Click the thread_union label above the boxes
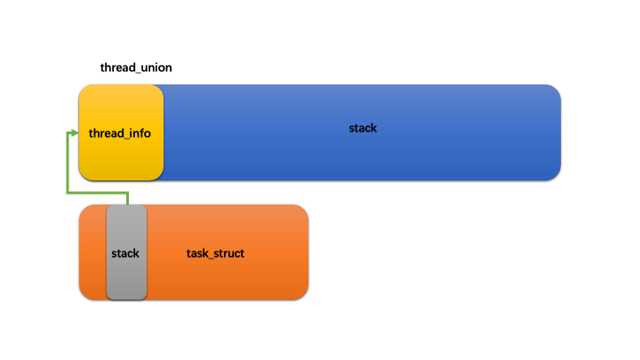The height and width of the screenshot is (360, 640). pyautogui.click(x=136, y=68)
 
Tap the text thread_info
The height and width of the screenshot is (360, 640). pyautogui.click(x=120, y=133)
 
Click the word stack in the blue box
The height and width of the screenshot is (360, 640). pyautogui.click(x=363, y=128)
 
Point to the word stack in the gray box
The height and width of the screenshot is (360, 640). pyautogui.click(x=125, y=253)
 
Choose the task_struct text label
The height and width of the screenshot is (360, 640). pyautogui.click(x=215, y=253)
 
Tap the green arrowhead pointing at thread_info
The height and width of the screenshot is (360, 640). pyautogui.click(x=75, y=133)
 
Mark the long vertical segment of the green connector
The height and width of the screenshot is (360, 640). pyautogui.click(x=68, y=164)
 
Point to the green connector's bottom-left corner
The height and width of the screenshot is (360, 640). pyautogui.click(x=68, y=192)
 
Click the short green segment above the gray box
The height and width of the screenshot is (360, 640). pyautogui.click(x=128, y=198)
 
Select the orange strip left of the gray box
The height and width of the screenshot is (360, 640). pyautogui.click(x=92, y=252)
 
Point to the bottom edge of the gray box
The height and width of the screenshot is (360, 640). pyautogui.click(x=125, y=299)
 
